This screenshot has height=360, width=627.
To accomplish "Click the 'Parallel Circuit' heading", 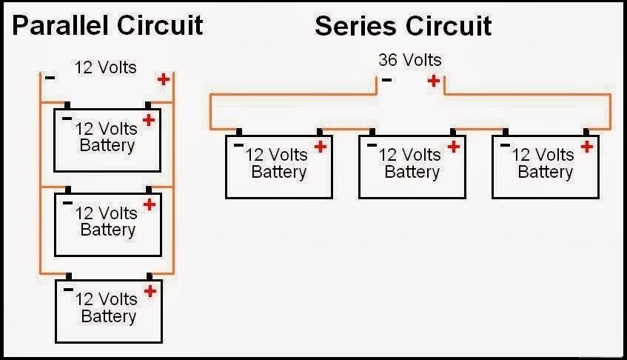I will point(108,26).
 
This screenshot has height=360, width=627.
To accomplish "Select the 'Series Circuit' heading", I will point(403,26).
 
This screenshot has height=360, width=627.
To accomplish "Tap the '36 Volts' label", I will point(409,60).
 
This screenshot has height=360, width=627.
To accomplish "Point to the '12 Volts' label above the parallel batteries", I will point(105,67).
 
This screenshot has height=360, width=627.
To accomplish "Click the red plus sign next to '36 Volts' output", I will point(433,80).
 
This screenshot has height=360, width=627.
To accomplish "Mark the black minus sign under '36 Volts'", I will point(386,80).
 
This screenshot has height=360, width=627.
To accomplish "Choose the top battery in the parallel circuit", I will point(107,139).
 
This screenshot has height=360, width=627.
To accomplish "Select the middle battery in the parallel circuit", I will point(107,222).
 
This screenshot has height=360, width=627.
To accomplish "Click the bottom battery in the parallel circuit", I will point(108,308).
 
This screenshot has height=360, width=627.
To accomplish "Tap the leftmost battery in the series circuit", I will point(278,166).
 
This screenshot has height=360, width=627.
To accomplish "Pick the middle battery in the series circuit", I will point(412,166).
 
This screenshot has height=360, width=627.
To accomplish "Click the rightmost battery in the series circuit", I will point(545,166).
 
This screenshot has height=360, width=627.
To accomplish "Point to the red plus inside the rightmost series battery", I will point(587,147).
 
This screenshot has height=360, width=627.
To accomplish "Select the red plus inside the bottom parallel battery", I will point(150,290).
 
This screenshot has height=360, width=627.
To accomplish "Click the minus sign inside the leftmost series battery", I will point(238,145).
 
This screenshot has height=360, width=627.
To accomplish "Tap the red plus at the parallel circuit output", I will point(163,79).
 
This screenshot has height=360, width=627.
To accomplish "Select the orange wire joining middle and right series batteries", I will point(478,134).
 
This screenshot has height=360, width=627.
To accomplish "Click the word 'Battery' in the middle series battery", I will point(412,173).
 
